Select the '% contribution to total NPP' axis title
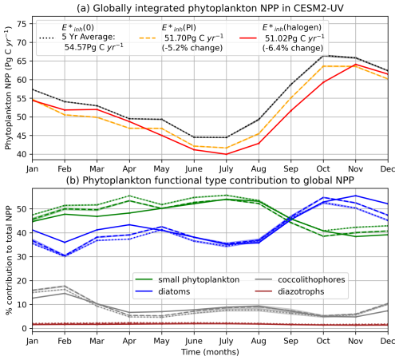click(x=7, y=263)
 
